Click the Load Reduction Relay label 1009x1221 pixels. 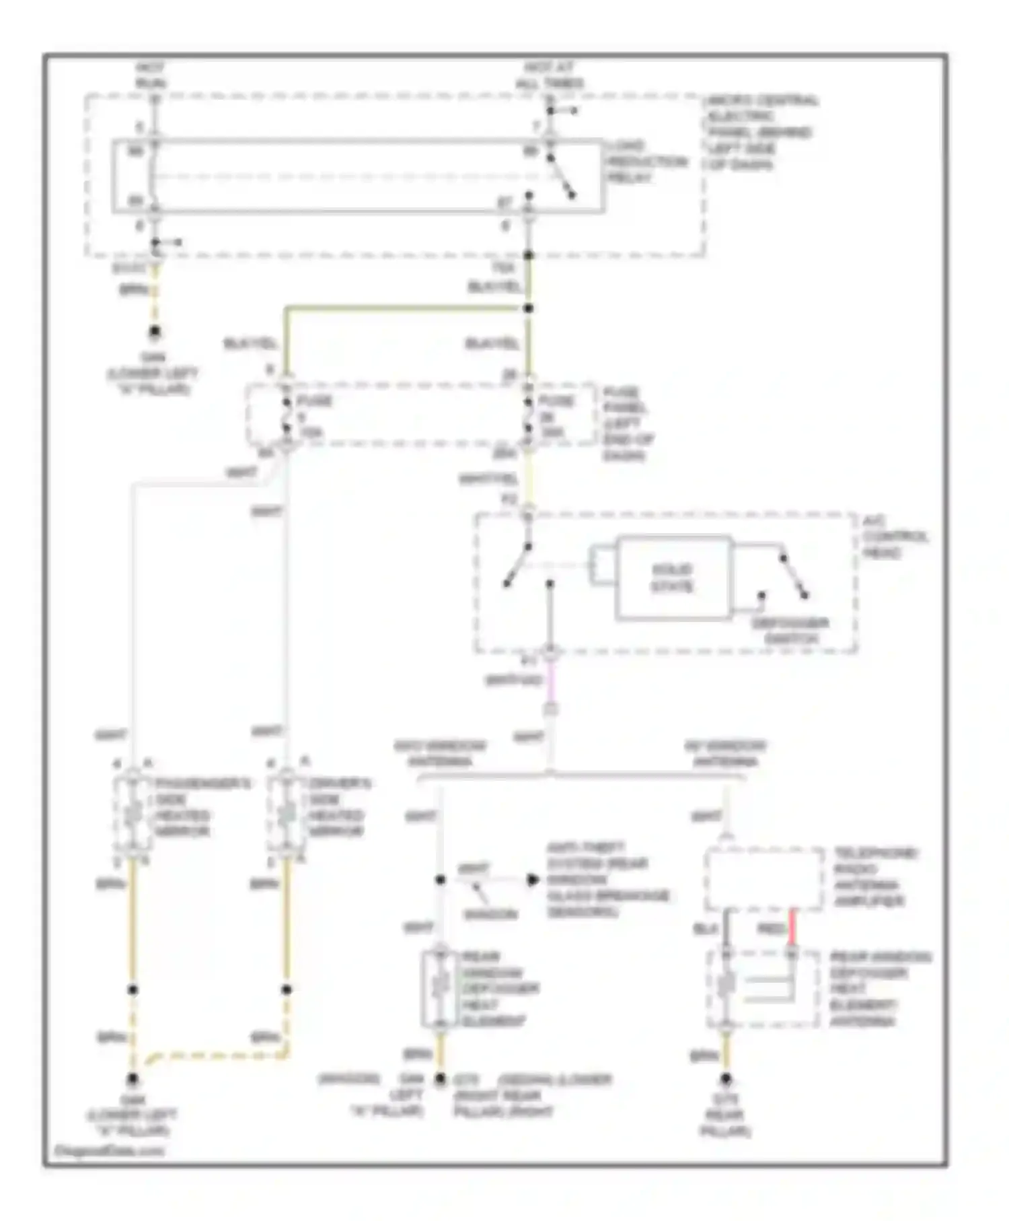pos(646,162)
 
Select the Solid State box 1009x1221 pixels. pos(673,578)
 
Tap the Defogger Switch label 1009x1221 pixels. pos(790,631)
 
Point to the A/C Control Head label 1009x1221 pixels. pos(895,536)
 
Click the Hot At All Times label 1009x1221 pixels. pos(549,75)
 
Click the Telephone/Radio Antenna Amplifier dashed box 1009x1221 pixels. pos(763,878)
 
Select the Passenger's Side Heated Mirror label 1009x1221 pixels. pos(202,807)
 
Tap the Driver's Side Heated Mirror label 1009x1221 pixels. pos(339,807)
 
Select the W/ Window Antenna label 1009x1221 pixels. pos(725,753)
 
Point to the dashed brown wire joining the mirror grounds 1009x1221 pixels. pos(215,1055)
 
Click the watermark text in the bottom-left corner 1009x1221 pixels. pos(108,1150)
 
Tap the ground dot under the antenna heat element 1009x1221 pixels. pos(725,1079)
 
